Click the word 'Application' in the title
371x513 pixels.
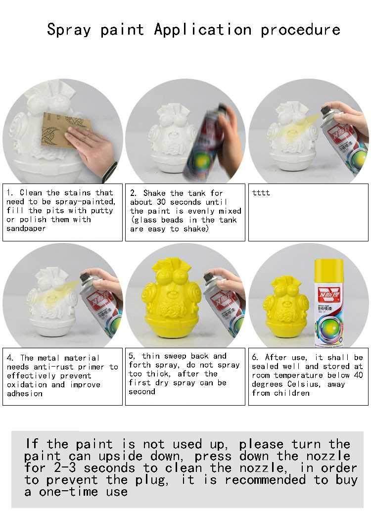[x=203, y=30]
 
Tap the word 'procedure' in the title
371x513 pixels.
[x=300, y=30]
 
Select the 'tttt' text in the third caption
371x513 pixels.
[x=261, y=193]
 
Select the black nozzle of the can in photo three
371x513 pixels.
[x=326, y=108]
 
